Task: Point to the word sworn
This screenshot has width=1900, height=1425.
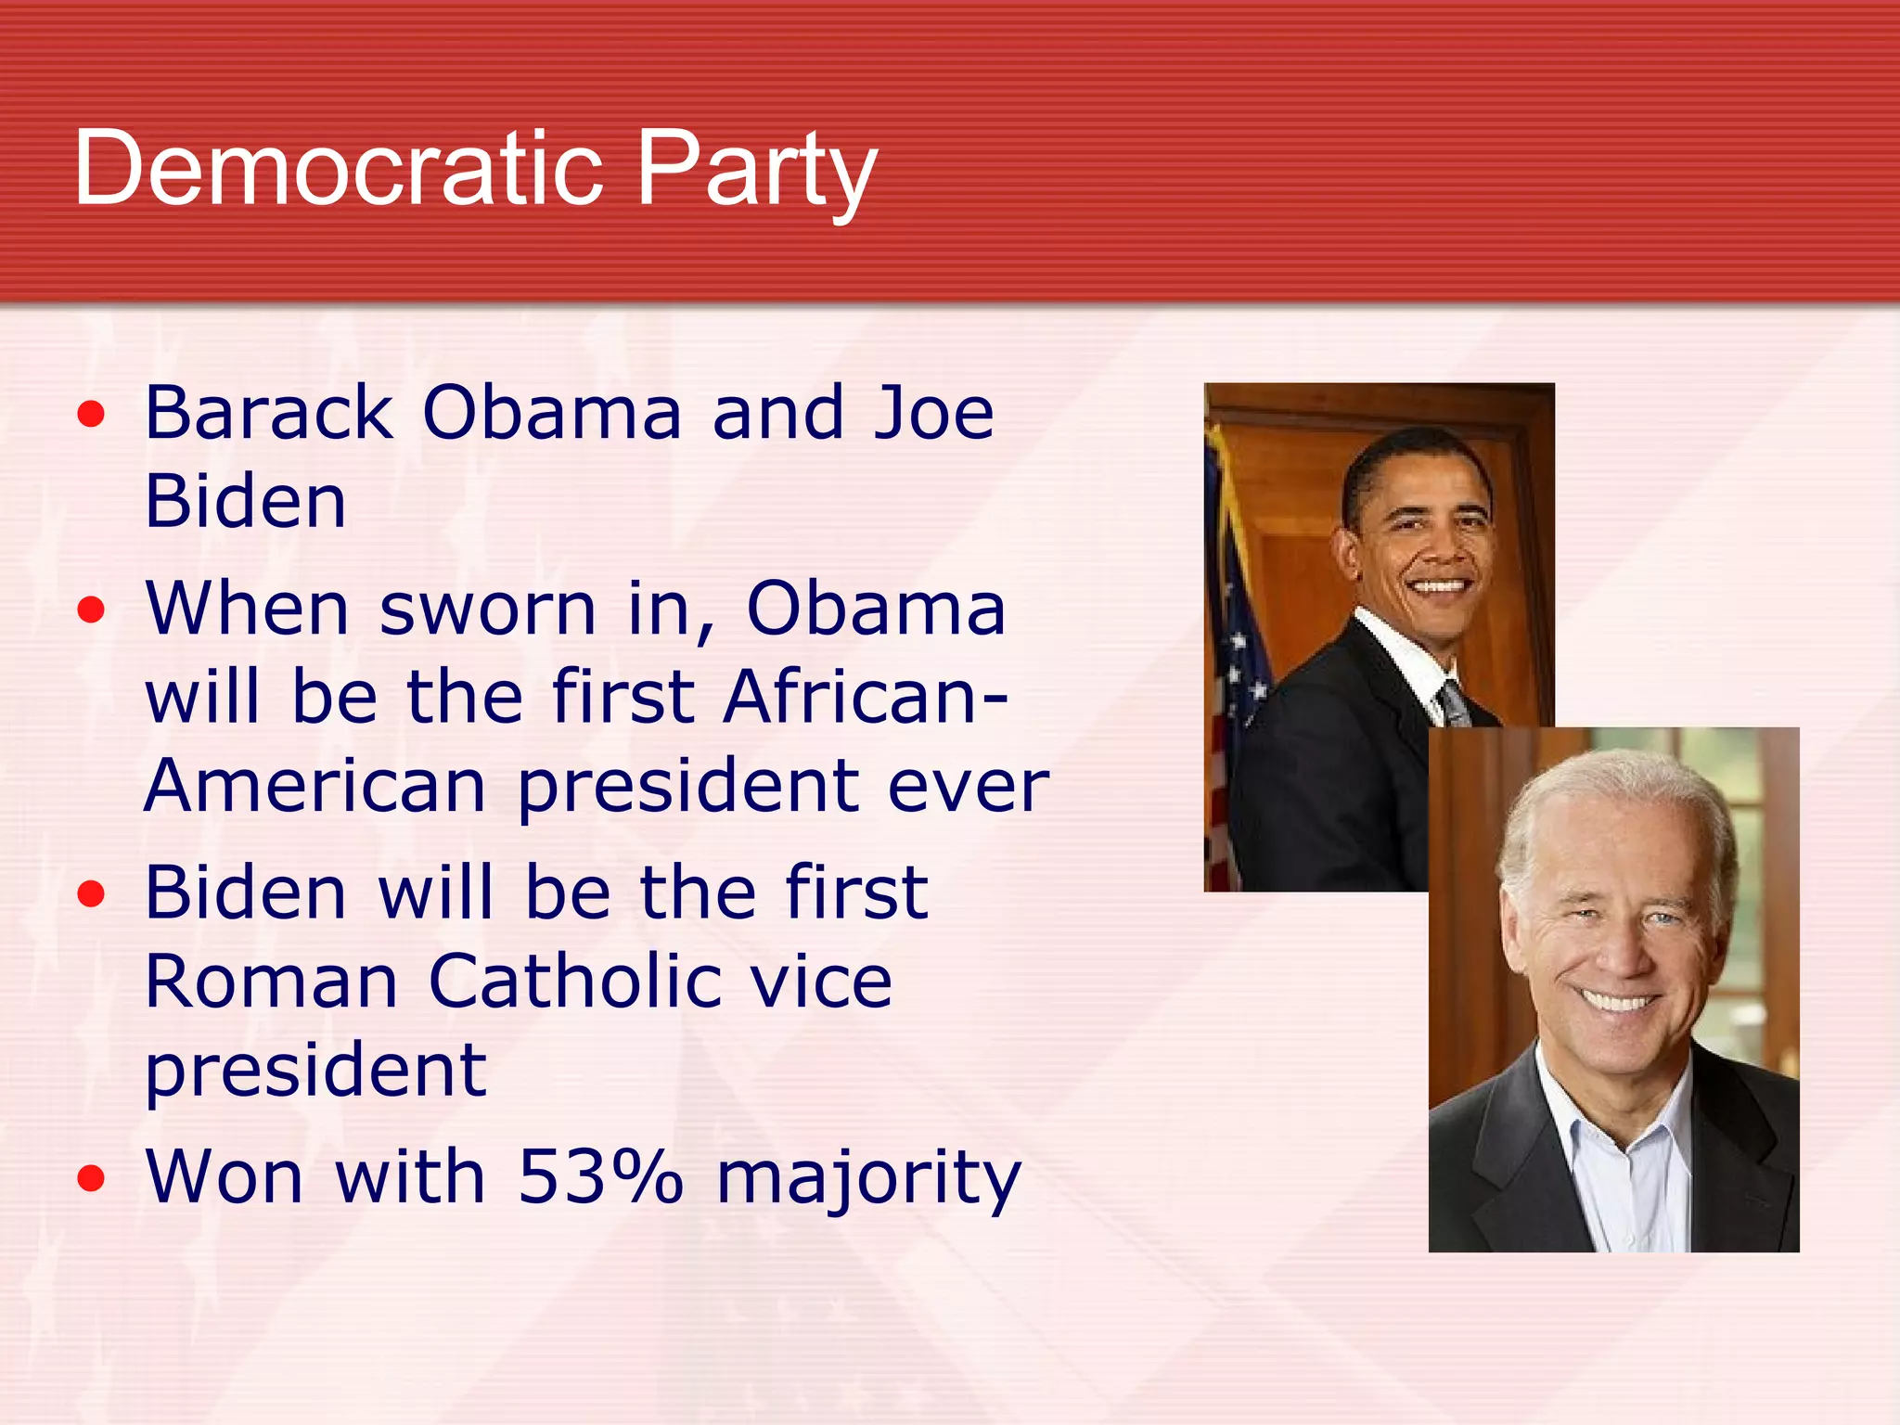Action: [x=488, y=609]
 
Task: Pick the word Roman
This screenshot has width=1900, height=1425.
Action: [x=272, y=982]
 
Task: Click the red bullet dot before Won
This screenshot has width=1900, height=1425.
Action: [x=91, y=1179]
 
